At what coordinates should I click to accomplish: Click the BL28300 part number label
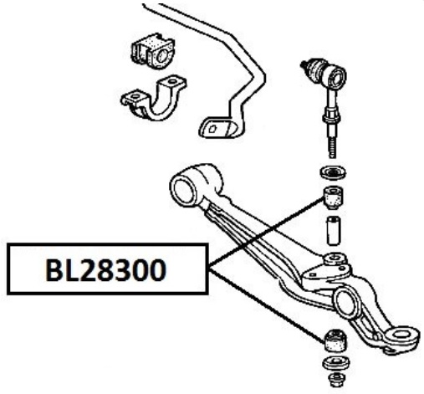[106, 270]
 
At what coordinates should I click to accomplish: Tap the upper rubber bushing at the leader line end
[333, 197]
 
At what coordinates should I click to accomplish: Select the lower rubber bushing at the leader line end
[335, 340]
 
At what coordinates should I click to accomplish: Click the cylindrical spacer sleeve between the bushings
[334, 231]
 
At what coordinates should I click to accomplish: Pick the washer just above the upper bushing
[333, 172]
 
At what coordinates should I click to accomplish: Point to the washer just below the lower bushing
[335, 364]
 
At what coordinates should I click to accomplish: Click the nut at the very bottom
[335, 380]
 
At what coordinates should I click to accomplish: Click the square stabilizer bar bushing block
[152, 52]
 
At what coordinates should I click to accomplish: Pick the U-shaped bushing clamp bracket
[153, 98]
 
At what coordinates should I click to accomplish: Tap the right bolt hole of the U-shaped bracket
[172, 81]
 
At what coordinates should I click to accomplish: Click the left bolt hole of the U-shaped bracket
[135, 96]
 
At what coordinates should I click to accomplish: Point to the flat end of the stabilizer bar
[217, 128]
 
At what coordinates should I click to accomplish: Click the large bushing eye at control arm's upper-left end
[184, 190]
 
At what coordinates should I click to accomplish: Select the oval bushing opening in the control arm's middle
[347, 304]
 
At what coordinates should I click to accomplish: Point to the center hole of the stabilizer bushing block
[161, 56]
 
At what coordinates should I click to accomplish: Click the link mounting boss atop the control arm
[335, 258]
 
